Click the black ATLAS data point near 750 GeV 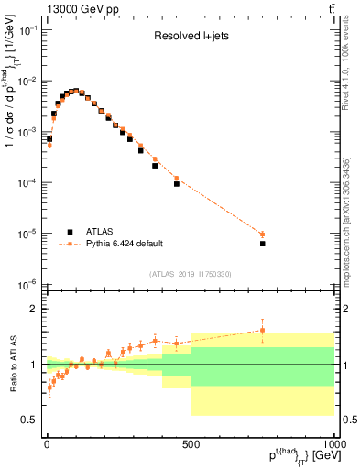coord(262,244)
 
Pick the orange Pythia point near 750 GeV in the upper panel coord(262,234)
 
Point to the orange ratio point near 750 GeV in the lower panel coord(262,330)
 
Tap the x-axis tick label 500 coord(191,444)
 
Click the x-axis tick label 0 coord(47,444)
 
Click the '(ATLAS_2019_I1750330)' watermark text coord(191,274)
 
